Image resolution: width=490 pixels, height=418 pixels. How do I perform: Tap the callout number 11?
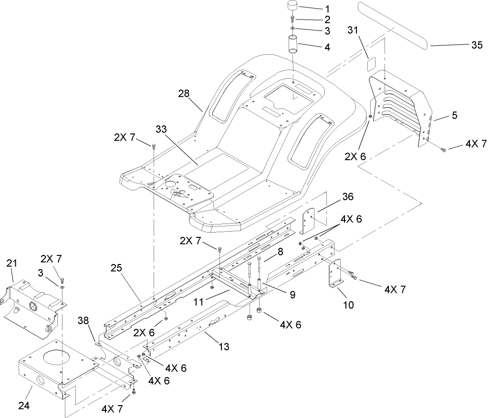coord(197,302)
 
